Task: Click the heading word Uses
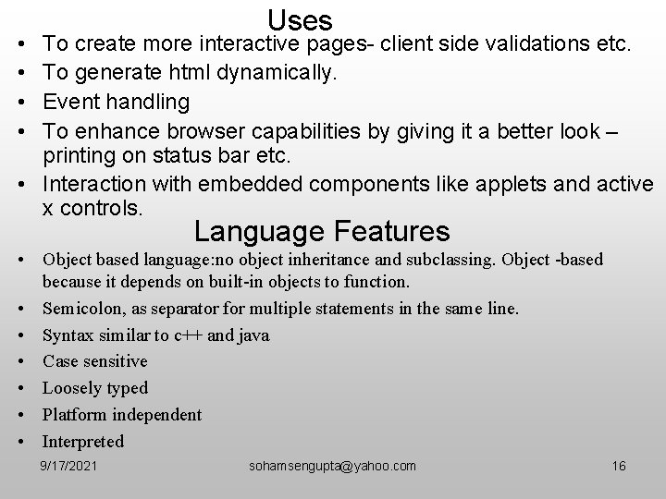point(300,19)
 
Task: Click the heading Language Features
point(322,230)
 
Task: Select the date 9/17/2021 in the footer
point(70,466)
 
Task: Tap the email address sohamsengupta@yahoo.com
point(333,466)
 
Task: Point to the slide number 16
point(619,466)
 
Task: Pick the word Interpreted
point(83,441)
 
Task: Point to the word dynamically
point(279,72)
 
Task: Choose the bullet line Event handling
point(117,101)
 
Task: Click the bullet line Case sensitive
point(94,361)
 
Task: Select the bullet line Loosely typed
point(95,388)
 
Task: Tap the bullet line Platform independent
point(122,415)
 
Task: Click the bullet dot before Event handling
point(20,102)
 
